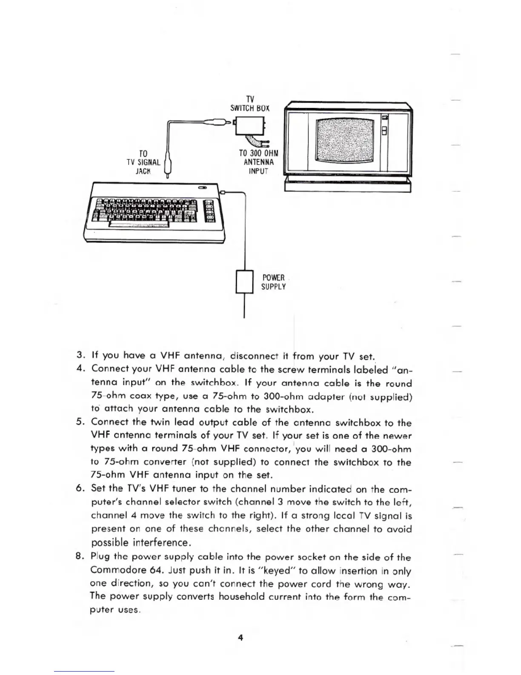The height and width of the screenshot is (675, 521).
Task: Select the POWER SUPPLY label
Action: point(273,282)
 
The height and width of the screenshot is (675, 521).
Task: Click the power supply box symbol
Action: point(244,282)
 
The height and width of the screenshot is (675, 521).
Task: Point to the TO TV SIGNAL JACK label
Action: point(143,162)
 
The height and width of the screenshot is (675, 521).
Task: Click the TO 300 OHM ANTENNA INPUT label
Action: point(258,162)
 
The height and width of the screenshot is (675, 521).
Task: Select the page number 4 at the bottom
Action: point(240,637)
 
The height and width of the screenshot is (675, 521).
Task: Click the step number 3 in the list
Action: point(79,355)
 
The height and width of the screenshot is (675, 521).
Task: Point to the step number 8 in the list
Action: point(79,557)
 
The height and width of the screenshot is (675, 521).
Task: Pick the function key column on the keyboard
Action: point(210,211)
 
